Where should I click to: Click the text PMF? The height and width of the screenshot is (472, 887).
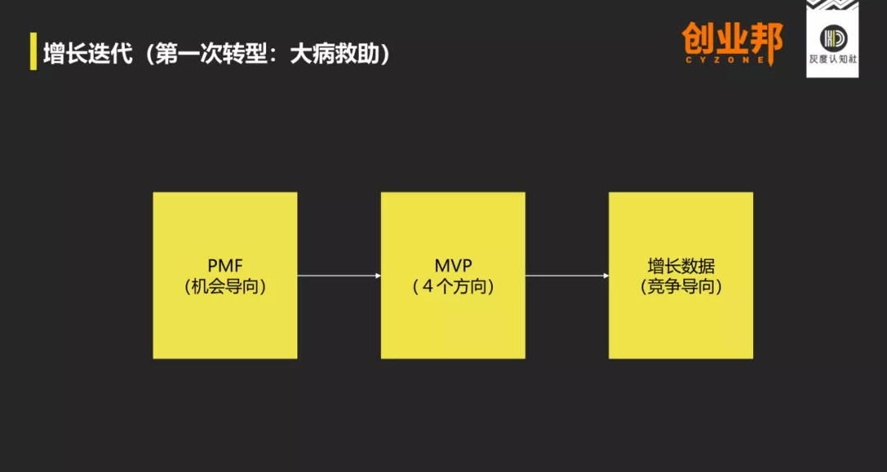[225, 265]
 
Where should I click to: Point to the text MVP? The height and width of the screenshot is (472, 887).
[453, 265]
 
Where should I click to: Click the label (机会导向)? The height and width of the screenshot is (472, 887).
[225, 286]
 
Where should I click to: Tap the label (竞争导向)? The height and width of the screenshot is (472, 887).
[681, 286]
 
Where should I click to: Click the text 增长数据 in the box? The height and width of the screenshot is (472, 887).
[681, 266]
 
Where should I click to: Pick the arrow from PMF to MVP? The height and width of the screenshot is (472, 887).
[338, 276]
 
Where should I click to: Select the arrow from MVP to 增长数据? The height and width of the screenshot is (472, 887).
[567, 276]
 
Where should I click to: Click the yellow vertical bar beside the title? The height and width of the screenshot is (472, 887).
[34, 52]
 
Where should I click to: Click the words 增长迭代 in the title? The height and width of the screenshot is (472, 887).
[88, 53]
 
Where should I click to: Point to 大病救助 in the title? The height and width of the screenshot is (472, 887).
[333, 53]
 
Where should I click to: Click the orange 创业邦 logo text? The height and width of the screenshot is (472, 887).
[732, 39]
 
